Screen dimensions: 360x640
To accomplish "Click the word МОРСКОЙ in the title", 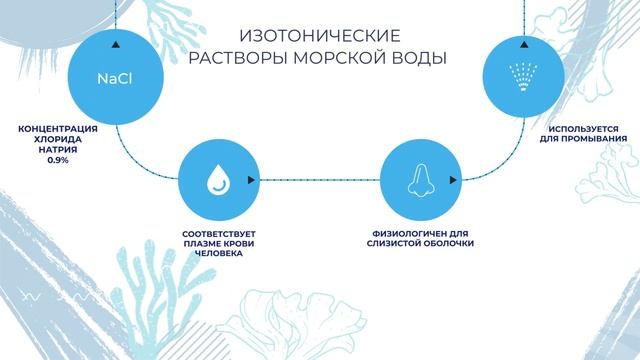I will click(x=341, y=57).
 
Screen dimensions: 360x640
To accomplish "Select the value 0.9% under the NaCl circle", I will click(x=57, y=159).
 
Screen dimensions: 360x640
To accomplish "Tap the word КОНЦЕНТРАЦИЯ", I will click(x=57, y=129).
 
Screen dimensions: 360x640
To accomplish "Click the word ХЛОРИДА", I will click(x=57, y=139).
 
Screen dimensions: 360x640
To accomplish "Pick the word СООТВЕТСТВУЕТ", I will click(x=216, y=233).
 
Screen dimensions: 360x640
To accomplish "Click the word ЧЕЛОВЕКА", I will click(x=216, y=253).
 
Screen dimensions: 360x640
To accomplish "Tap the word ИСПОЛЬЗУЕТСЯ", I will click(x=583, y=129).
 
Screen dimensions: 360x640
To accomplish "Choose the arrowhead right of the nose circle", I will click(x=457, y=181).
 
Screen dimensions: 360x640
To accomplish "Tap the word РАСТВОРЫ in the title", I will click(x=239, y=57).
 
